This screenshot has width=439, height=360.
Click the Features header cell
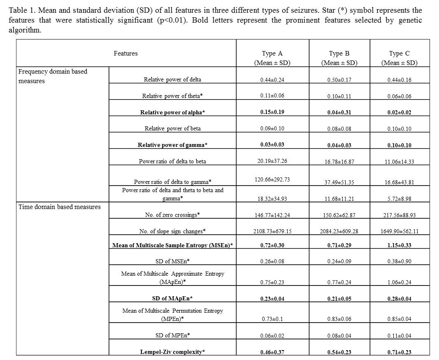pyautogui.click(x=125, y=53)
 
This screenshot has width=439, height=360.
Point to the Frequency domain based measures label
pyautogui.click(x=53, y=76)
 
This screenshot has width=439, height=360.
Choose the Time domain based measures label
pyautogui.click(x=59, y=207)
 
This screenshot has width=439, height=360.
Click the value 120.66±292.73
pyautogui.click(x=272, y=180)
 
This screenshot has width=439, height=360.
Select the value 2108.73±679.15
pyautogui.click(x=272, y=231)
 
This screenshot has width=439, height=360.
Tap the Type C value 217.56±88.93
pyautogui.click(x=399, y=215)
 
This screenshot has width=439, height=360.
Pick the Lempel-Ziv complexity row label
pyautogui.click(x=172, y=352)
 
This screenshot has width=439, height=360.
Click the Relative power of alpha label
pyautogui.click(x=172, y=112)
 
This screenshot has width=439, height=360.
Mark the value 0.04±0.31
pyautogui.click(x=339, y=113)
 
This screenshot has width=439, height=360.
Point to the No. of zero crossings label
pyautogui.click(x=172, y=215)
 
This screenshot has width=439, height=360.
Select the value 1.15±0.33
pyautogui.click(x=399, y=246)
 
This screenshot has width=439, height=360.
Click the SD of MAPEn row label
pyautogui.click(x=172, y=298)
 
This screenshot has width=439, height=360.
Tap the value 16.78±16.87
pyautogui.click(x=339, y=162)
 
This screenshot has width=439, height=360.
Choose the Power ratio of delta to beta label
pyautogui.click(x=172, y=161)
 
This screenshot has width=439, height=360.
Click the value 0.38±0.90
pyautogui.click(x=399, y=262)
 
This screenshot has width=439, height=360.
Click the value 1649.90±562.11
pyautogui.click(x=399, y=231)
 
